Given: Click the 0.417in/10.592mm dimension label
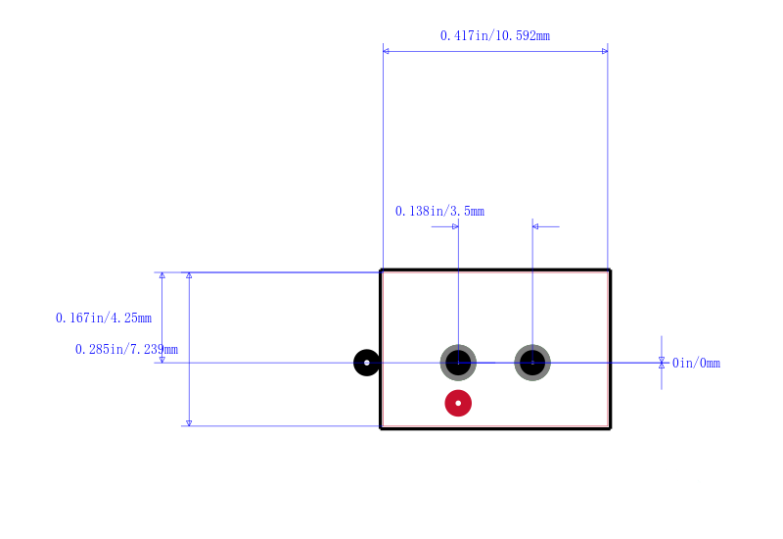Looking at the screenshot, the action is point(495,35).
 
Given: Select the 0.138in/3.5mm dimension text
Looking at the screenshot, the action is point(439,211).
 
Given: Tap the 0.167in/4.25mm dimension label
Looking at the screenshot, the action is point(104,318).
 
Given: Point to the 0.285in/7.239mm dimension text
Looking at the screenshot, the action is point(126,349).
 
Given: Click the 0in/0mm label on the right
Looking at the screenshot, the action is point(696,363).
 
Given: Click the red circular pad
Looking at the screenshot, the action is point(458,403).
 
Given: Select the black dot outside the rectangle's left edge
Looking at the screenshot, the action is point(366,363).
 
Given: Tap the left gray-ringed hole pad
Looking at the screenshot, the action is point(458,363).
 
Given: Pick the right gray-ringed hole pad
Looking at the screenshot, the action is point(532,363).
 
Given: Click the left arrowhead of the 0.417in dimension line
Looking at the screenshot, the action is point(386,51).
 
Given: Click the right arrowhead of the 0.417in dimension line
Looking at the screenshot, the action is point(605,51).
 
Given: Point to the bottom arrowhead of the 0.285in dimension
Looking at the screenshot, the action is point(189,423).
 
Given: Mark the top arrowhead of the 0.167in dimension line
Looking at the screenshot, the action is point(161,275).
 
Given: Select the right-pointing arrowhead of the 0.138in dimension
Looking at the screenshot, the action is point(455,226).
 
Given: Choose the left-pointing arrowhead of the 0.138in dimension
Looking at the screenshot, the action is point(535,226).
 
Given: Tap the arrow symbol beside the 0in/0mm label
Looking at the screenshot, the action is point(662,363).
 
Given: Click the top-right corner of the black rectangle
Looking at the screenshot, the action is point(610,270).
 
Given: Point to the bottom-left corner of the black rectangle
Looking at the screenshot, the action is point(381,428).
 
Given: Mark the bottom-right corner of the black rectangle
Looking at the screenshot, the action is point(610,428).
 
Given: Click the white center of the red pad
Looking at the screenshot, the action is point(458,403).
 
